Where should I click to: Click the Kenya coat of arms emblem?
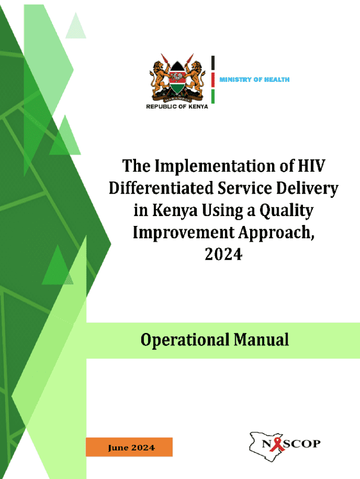click(x=177, y=78)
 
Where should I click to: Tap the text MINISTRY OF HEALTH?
click(x=254, y=80)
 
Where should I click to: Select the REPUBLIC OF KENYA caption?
click(x=177, y=107)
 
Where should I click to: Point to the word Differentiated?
click(x=161, y=188)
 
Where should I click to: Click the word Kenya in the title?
click(x=175, y=211)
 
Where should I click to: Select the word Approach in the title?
click(x=274, y=233)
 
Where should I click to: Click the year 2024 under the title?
click(x=223, y=254)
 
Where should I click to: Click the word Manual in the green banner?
click(x=261, y=340)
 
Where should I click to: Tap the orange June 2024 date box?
click(x=129, y=447)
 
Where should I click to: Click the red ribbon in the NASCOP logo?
click(x=278, y=444)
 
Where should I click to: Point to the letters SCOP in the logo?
click(x=302, y=443)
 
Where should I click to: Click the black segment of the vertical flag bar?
click(x=213, y=63)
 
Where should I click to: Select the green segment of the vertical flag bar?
click(x=213, y=96)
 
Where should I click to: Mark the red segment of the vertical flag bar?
click(x=213, y=80)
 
